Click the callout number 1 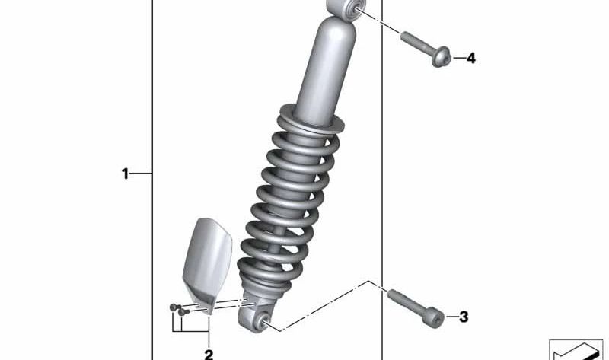(x=126, y=174)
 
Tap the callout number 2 (x=208, y=354)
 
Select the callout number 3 (x=464, y=317)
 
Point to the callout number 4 (x=470, y=58)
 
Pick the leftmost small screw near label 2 (x=173, y=307)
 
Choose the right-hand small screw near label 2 (x=182, y=311)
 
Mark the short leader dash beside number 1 (x=142, y=174)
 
